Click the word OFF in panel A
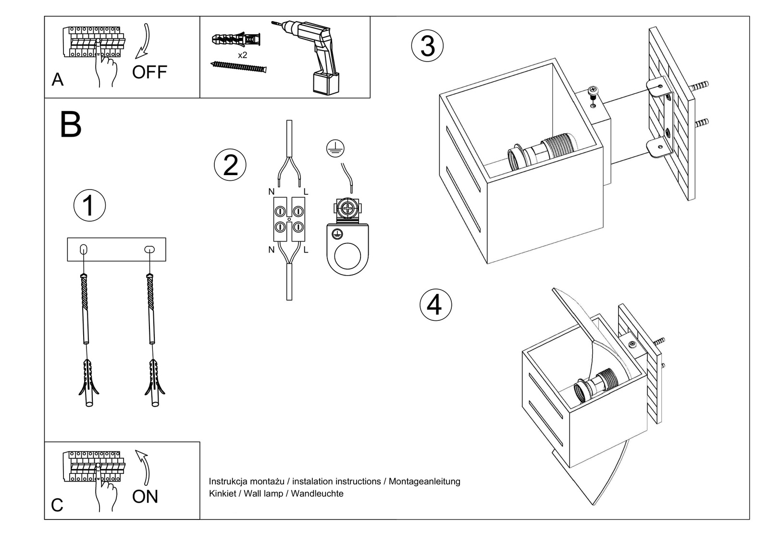click(149, 72)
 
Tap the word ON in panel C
click(145, 496)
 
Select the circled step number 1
click(89, 206)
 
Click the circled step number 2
click(230, 165)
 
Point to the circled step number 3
click(427, 46)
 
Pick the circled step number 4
click(435, 305)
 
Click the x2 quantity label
click(243, 55)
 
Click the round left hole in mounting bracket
click(84, 249)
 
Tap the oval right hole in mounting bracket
click(149, 249)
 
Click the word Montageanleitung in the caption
click(424, 481)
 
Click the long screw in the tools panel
click(238, 67)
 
